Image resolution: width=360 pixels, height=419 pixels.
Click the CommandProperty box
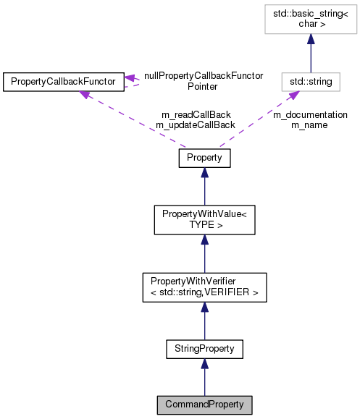tap(204, 404)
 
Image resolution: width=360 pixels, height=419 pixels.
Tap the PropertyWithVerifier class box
tap(204, 287)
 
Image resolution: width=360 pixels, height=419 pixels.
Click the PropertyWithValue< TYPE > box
tap(204, 219)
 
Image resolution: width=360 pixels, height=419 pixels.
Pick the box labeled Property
tap(204, 158)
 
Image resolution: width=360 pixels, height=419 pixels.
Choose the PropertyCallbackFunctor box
tap(62, 82)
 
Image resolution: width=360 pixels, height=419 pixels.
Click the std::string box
tap(311, 82)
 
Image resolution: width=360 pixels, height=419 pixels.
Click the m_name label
tap(309, 125)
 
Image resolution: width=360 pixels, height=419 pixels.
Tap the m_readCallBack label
tap(196, 114)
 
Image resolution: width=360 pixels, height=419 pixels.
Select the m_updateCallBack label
tap(196, 125)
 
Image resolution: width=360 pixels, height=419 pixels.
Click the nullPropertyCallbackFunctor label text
tap(203, 75)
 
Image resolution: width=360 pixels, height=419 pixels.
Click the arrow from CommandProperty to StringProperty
tap(204, 378)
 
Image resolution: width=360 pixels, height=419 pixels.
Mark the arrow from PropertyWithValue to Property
tap(204, 188)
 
